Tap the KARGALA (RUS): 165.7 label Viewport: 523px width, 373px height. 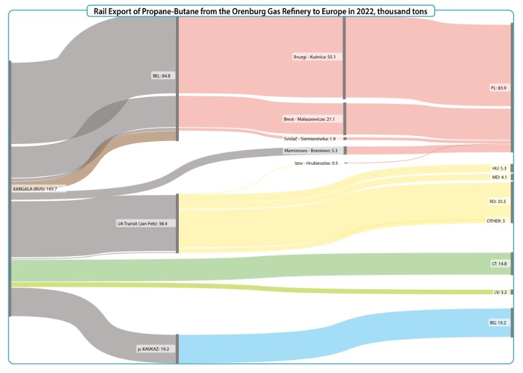click(x=39, y=189)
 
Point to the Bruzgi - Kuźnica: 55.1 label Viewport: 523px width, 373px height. click(x=314, y=57)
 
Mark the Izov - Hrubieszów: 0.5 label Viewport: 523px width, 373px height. click(x=316, y=163)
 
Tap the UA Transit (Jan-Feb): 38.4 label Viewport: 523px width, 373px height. click(x=146, y=224)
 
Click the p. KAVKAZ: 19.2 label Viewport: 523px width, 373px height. click(x=153, y=349)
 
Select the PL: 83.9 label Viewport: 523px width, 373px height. click(x=498, y=88)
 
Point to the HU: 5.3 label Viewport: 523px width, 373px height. click(x=499, y=168)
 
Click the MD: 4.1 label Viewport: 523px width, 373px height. click(x=499, y=177)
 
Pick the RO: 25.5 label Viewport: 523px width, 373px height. click(x=498, y=201)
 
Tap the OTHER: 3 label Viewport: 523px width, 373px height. click(x=495, y=221)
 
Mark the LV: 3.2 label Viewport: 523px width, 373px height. click(x=500, y=292)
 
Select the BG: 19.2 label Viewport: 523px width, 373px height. click(x=498, y=323)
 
